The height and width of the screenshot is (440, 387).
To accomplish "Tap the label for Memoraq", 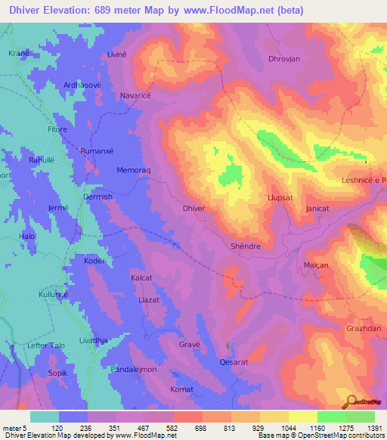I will [135, 171].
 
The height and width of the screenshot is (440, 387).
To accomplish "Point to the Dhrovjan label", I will [285, 58].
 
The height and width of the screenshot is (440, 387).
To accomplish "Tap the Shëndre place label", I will [245, 246].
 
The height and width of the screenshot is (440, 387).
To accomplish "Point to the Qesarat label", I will [234, 361].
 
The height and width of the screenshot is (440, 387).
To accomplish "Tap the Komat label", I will [182, 389].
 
